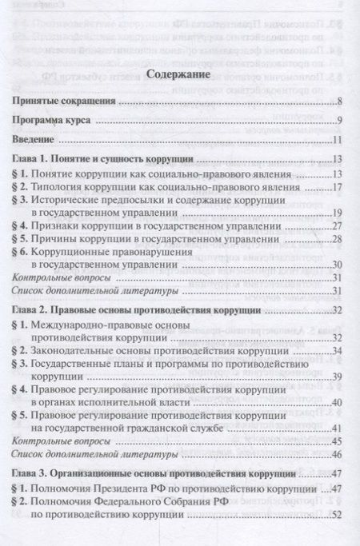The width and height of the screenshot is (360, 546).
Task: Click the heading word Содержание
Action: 179,78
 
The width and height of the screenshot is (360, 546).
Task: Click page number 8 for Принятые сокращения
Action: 341,102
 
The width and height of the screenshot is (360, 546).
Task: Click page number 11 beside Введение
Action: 338,141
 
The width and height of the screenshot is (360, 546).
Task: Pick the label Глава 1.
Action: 37,160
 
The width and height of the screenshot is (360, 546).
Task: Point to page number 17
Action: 338,188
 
